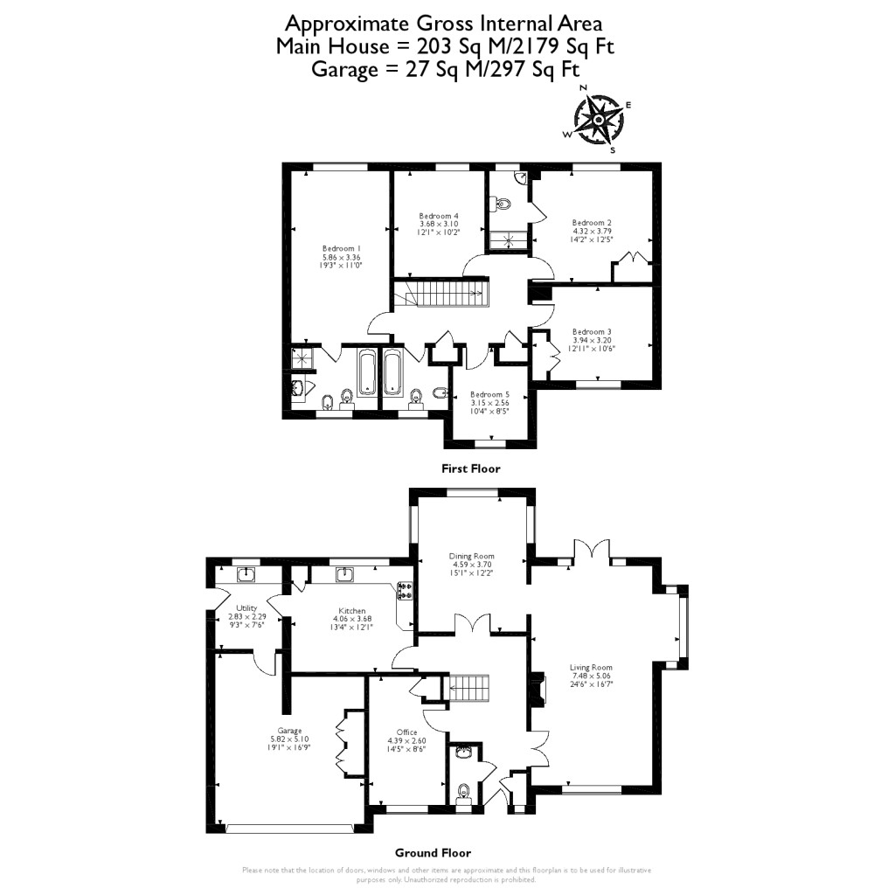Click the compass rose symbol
[x=597, y=119]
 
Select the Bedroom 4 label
[x=438, y=216]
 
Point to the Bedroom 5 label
[x=489, y=394]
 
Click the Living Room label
[x=592, y=668]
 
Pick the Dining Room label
[x=472, y=556]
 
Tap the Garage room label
[x=289, y=731]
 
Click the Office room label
[x=406, y=732]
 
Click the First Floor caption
[x=471, y=468]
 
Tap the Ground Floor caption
[x=433, y=853]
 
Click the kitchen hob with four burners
[x=405, y=591]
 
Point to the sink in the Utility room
[x=247, y=574]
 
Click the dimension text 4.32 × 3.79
[x=592, y=232]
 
